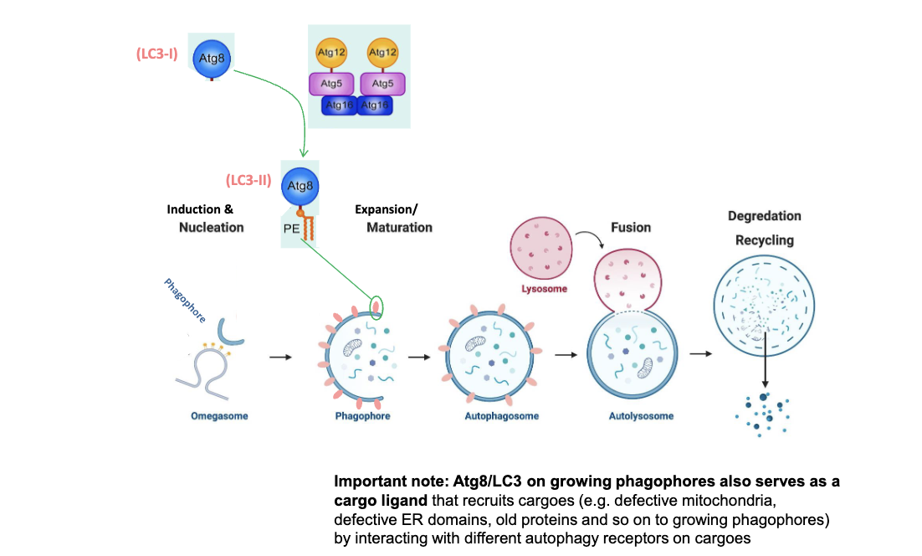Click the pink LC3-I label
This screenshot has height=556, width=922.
tap(156, 55)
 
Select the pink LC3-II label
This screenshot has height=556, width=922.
tap(248, 180)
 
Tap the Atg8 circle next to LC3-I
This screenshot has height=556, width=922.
tap(211, 58)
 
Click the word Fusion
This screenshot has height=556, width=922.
tap(631, 227)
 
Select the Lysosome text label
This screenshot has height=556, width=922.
tap(544, 289)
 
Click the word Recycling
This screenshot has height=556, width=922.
tap(764, 240)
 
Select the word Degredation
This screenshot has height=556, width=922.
tap(764, 216)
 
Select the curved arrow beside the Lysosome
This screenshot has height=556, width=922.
tap(595, 239)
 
